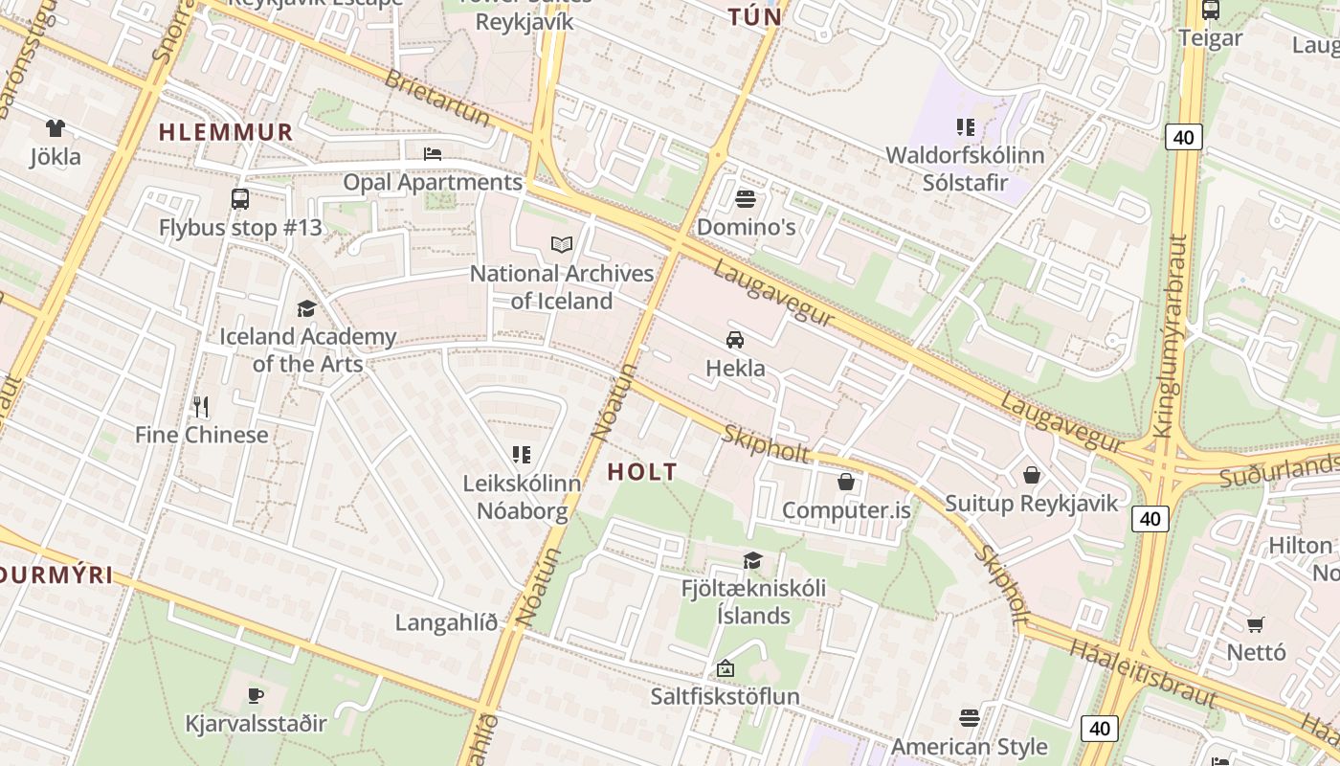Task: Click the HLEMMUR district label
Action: coord(226,132)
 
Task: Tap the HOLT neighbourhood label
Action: coord(642,471)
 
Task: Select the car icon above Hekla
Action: coord(735,339)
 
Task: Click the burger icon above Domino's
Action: coord(746,199)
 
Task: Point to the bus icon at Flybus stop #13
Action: coord(239,199)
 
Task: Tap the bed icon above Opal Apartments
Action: coord(433,153)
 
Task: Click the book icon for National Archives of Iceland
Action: coord(561,245)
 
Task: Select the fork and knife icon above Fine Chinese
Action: coord(201,407)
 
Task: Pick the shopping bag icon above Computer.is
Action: coord(846,482)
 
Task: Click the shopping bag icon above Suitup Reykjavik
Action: coord(1032,475)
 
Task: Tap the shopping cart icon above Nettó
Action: coord(1256,624)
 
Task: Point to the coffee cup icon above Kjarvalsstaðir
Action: coord(255,695)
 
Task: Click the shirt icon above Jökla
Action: coord(55,128)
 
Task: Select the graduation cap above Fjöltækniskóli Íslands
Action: coord(753,560)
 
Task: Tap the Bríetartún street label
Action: coord(436,97)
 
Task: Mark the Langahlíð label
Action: coord(447,623)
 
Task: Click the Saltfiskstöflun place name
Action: coord(725,696)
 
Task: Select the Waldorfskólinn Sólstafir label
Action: coord(965,169)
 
